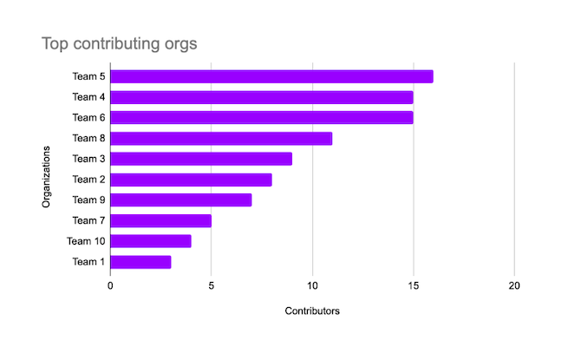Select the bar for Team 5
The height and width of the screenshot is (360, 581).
pyautogui.click(x=271, y=76)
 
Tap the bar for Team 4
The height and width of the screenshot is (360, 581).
pyautogui.click(x=262, y=97)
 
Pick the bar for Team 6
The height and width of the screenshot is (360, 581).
pyautogui.click(x=262, y=117)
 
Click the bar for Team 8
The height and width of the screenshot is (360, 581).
pyautogui.click(x=221, y=138)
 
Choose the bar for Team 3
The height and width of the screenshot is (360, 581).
pyautogui.click(x=201, y=159)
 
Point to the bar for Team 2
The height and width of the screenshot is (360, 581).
pyautogui.click(x=191, y=180)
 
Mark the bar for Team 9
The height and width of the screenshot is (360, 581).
pyautogui.click(x=181, y=200)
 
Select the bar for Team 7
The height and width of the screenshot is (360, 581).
pyautogui.click(x=160, y=220)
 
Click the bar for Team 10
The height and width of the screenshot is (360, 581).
pyautogui.click(x=151, y=241)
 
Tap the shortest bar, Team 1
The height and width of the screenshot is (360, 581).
pyautogui.click(x=140, y=261)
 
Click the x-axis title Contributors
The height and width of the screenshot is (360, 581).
pyautogui.click(x=312, y=311)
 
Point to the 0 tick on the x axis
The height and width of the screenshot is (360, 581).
pyautogui.click(x=111, y=285)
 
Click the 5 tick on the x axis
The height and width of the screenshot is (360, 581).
pyautogui.click(x=212, y=285)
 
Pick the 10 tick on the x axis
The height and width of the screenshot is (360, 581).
pyautogui.click(x=312, y=285)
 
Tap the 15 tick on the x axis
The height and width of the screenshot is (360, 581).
pyautogui.click(x=414, y=285)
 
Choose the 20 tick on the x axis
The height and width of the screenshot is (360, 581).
pyautogui.click(x=514, y=285)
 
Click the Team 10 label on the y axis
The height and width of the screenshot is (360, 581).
pyautogui.click(x=87, y=241)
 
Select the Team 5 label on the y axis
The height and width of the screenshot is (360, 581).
pyautogui.click(x=89, y=76)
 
